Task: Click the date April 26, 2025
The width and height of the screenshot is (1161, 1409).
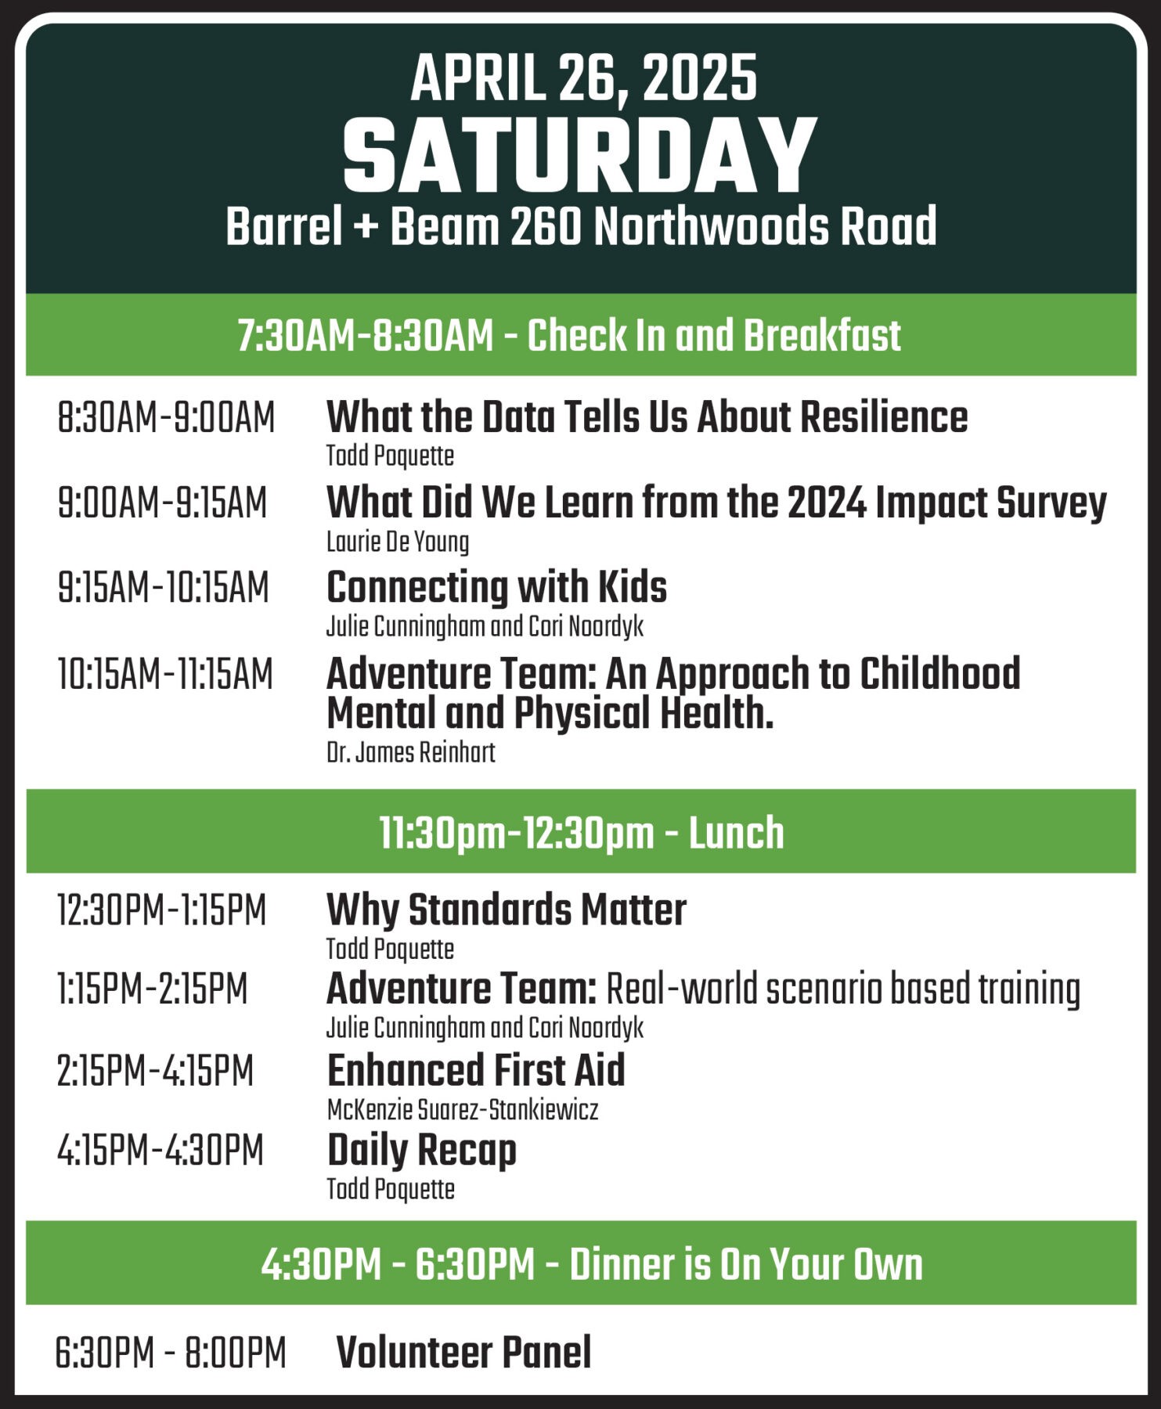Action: coord(583,79)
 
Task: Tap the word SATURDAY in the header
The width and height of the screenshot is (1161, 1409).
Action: coord(580,155)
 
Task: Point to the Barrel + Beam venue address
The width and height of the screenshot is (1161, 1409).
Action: coord(581,226)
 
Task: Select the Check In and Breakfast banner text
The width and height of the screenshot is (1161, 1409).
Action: coord(569,336)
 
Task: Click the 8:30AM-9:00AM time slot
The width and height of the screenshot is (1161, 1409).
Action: coord(166,417)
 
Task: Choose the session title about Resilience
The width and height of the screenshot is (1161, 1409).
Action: coord(647,416)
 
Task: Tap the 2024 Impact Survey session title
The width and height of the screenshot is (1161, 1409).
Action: coord(716,503)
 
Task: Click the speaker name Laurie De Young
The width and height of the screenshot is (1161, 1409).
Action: coord(398,542)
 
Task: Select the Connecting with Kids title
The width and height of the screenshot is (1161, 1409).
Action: coord(496,587)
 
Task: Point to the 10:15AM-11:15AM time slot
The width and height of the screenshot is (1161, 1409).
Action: coord(165,674)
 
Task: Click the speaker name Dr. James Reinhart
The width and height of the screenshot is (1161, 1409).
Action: coord(411,752)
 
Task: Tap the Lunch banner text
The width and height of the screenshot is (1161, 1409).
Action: coord(582,832)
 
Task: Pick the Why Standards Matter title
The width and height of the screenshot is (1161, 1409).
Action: coord(507,910)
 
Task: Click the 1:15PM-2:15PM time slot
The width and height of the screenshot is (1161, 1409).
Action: coord(152,989)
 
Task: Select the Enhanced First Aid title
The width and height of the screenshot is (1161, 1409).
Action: coord(476,1070)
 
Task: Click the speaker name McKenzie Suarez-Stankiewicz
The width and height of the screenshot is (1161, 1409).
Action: coord(463,1109)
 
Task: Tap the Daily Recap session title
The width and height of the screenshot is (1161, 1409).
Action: coord(422,1151)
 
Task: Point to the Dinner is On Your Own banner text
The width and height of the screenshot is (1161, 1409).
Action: coord(592,1264)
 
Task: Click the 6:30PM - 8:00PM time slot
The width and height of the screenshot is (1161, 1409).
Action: coord(171,1353)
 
